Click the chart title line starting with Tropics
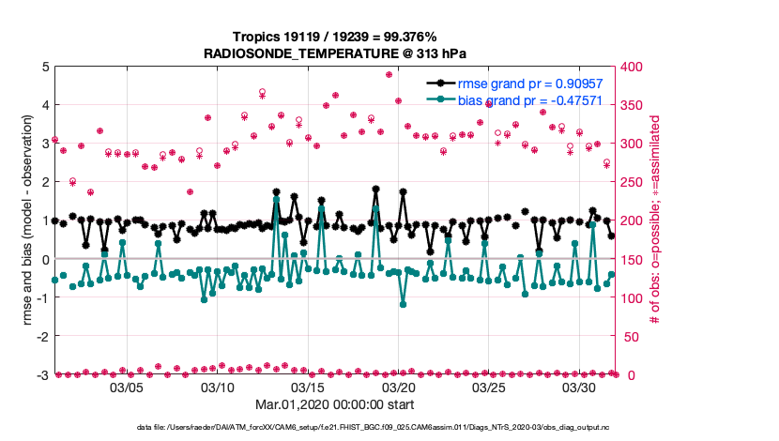[x=335, y=38]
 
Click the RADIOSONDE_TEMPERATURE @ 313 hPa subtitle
[x=335, y=53]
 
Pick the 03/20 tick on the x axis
[x=399, y=387]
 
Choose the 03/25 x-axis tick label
[x=490, y=387]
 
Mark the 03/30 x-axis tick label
[x=580, y=387]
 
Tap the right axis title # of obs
[x=655, y=220]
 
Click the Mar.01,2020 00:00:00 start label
[x=335, y=405]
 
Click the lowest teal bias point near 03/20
[x=404, y=304]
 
